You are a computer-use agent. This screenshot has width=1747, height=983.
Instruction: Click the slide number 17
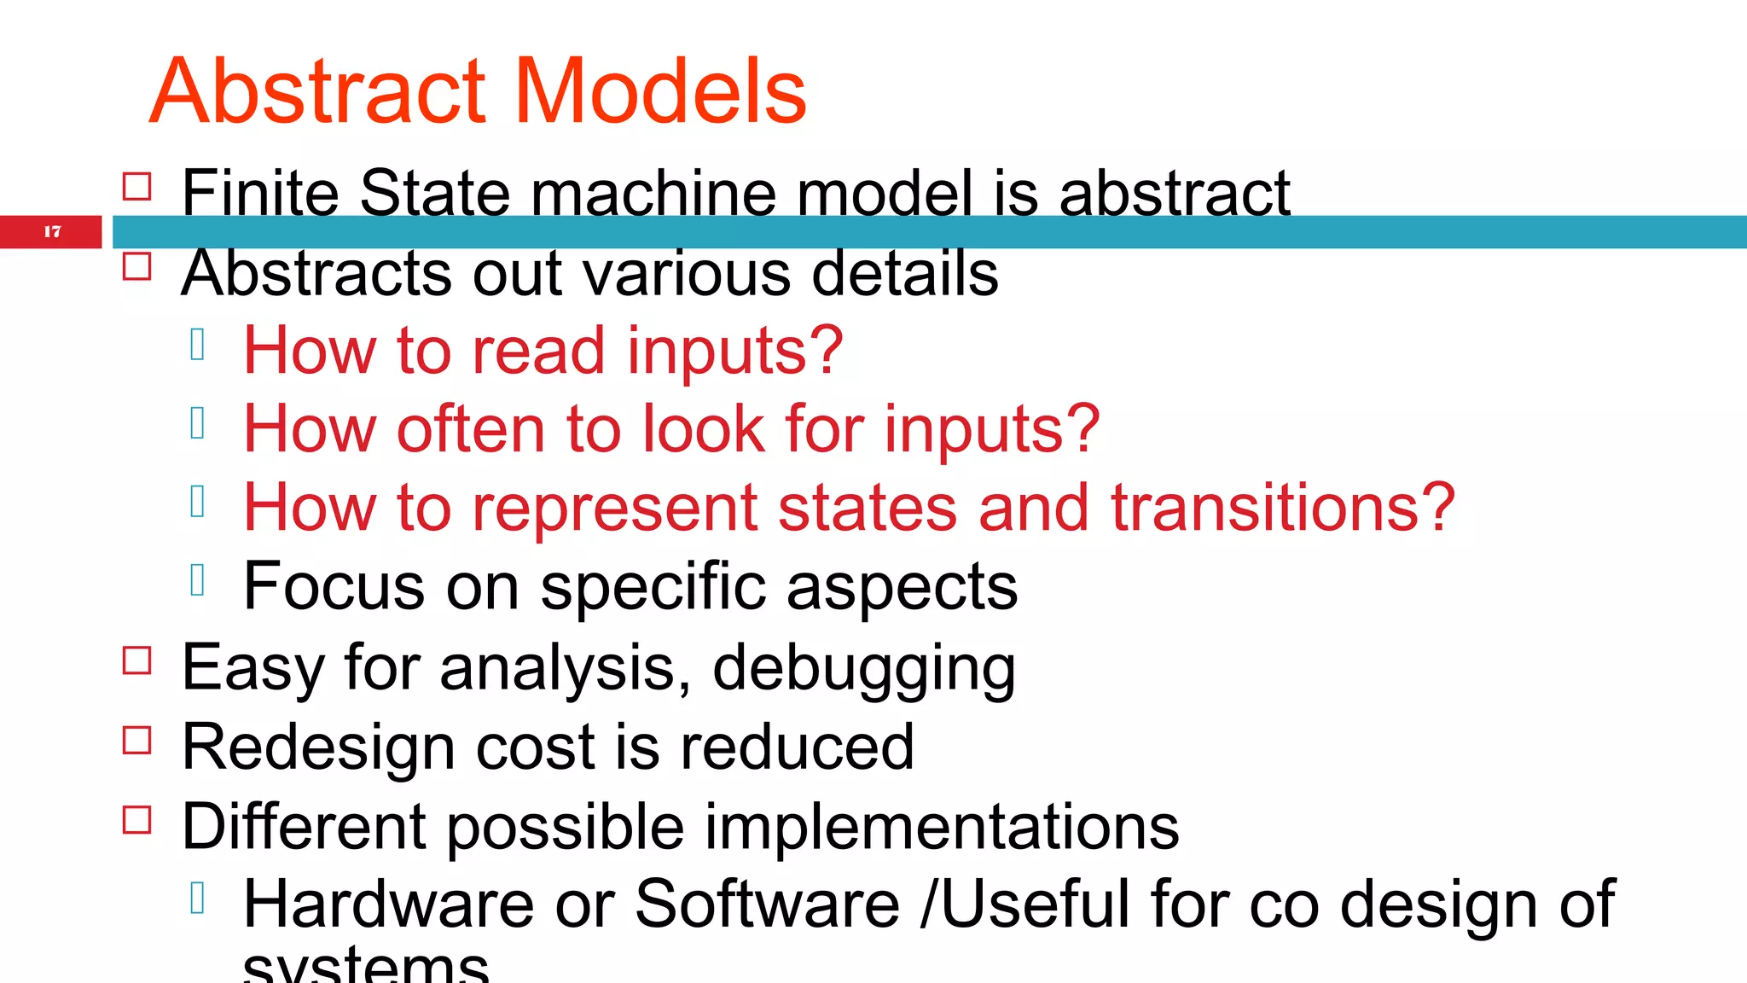pyautogui.click(x=52, y=231)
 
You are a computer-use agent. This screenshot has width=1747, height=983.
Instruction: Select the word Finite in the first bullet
pyautogui.click(x=259, y=193)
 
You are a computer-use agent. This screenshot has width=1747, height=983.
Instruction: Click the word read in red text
pyautogui.click(x=538, y=351)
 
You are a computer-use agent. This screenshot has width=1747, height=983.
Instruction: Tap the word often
pyautogui.click(x=470, y=428)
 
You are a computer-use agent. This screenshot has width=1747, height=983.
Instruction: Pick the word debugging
pyautogui.click(x=863, y=668)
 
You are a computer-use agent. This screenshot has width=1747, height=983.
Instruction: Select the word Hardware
pyautogui.click(x=388, y=904)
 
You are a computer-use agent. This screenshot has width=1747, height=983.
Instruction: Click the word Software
pyautogui.click(x=767, y=904)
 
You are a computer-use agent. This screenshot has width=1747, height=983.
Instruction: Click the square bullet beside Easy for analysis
pyautogui.click(x=137, y=660)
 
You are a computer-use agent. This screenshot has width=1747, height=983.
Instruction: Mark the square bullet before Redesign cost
pyautogui.click(x=137, y=740)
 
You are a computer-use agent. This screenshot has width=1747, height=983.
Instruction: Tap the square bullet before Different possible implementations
pyautogui.click(x=137, y=819)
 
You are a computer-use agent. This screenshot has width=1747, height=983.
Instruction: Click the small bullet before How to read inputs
pyautogui.click(x=198, y=345)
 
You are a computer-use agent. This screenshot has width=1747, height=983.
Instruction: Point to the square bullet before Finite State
pyautogui.click(x=137, y=186)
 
